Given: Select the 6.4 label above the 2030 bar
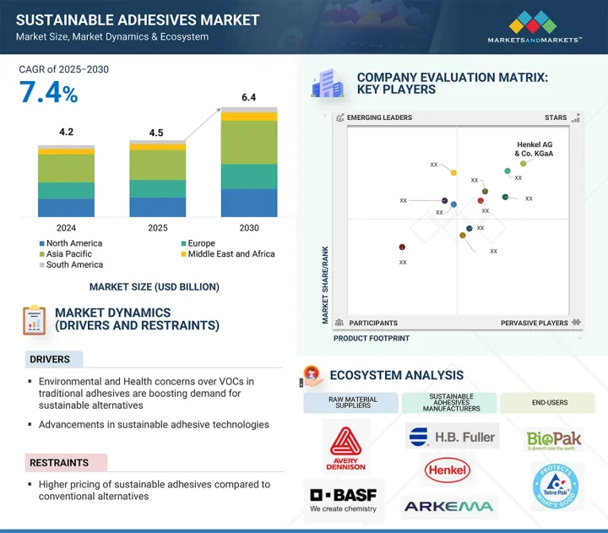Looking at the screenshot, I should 248,98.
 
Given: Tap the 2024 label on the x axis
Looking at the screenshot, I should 66,228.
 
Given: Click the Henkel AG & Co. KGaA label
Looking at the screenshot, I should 534,149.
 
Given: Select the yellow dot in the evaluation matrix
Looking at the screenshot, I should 453,173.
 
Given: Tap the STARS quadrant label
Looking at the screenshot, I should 556,118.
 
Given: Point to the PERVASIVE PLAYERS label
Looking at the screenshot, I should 535,323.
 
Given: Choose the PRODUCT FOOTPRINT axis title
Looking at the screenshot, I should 372,338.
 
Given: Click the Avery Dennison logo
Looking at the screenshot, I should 347,449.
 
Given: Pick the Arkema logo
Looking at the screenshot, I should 450,507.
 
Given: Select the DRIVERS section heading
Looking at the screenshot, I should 51,359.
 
